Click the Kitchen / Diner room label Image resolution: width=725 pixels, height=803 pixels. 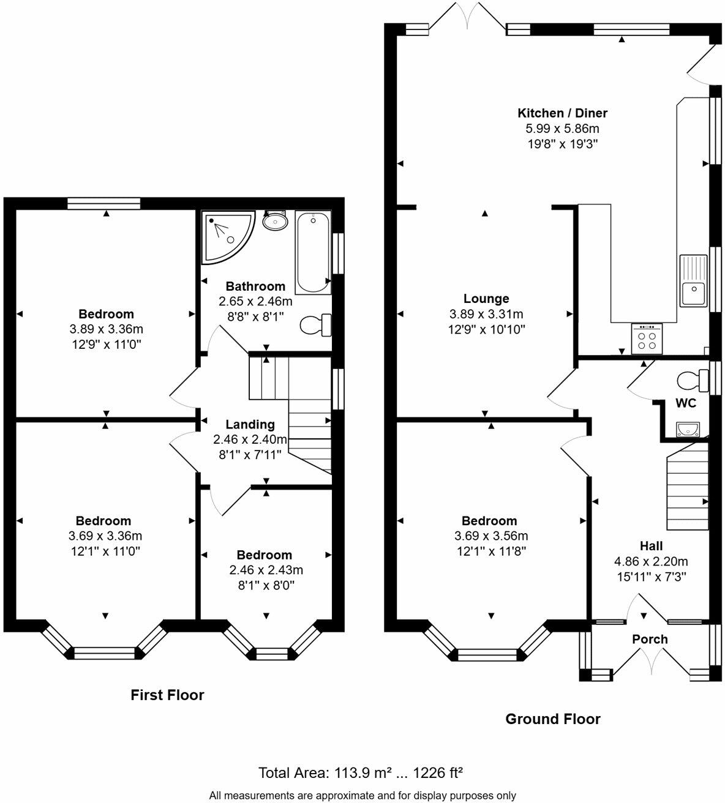click(562, 113)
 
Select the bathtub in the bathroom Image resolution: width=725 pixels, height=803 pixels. click(313, 252)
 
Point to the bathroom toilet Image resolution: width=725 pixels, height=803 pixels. click(315, 325)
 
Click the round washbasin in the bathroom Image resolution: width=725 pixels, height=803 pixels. click(275, 220)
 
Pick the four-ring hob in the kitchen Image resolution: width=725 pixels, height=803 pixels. click(647, 338)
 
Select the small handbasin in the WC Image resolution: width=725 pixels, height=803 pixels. click(688, 430)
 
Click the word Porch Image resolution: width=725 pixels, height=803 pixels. click(650, 639)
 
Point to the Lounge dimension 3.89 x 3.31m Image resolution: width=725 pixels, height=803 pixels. click(486, 314)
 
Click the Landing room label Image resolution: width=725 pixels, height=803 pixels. click(250, 424)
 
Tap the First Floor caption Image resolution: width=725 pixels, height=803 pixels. click(167, 695)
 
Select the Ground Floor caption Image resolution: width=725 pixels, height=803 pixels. click(553, 719)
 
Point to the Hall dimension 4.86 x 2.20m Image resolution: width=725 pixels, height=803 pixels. click(651, 561)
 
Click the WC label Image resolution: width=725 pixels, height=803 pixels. click(686, 403)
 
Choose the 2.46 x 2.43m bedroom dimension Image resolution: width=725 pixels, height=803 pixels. click(266, 570)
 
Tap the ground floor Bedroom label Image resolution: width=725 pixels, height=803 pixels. click(489, 521)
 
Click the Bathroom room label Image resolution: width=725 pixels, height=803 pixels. click(255, 286)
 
